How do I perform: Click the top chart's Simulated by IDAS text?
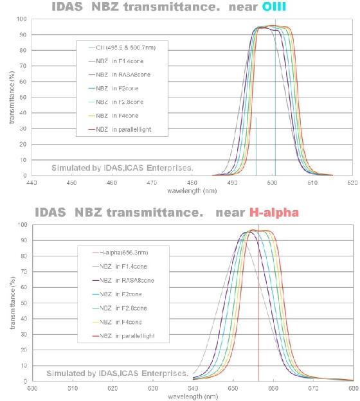(122, 169)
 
